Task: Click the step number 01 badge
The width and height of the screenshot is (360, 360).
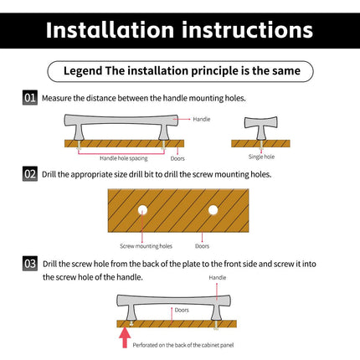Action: [x=30, y=98]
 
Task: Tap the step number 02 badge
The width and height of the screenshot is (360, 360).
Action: [x=30, y=174]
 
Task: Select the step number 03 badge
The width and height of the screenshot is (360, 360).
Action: [x=30, y=264]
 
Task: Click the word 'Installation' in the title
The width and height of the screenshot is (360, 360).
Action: [x=111, y=30]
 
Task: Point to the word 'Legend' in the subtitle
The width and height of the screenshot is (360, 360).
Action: [x=83, y=71]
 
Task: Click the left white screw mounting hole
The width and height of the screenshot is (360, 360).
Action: [x=142, y=210]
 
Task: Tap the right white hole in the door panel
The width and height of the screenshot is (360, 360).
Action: [x=213, y=210]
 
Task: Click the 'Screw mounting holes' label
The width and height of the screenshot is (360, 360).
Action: [x=146, y=246]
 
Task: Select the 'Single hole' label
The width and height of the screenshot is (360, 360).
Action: [x=261, y=157]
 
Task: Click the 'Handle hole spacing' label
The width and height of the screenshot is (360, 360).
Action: [x=124, y=158]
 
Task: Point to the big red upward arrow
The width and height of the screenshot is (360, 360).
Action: [x=125, y=337]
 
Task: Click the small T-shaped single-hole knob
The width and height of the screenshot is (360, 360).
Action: [x=261, y=128]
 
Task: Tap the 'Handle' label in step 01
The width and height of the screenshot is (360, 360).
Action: [x=202, y=119]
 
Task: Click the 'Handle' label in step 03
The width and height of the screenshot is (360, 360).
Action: [x=218, y=278]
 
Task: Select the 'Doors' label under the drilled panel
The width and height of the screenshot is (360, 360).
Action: [x=202, y=246]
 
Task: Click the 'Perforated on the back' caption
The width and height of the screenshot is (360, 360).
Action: [x=183, y=345]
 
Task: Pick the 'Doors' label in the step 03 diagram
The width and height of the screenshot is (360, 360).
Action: [x=182, y=310]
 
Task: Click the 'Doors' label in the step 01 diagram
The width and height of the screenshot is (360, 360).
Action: [x=177, y=158]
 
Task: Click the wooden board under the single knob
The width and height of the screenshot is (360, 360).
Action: [x=260, y=143]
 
